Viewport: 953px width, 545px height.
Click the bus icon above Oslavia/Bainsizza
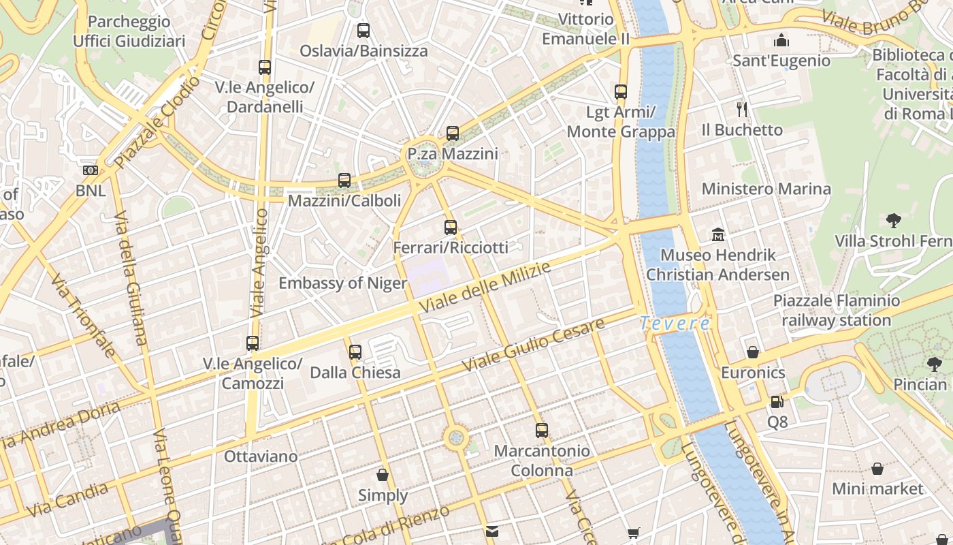[x=364, y=31]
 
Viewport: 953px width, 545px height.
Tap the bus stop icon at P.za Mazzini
[x=453, y=134]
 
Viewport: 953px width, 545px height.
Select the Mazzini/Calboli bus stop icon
[x=344, y=181]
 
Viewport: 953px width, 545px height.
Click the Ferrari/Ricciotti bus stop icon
[x=450, y=228]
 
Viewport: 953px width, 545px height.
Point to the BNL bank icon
[x=90, y=170]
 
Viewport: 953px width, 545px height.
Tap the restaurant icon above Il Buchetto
[x=742, y=109]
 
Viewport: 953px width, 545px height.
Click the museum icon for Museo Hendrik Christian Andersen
[x=717, y=235]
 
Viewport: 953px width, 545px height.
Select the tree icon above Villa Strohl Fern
[x=894, y=221]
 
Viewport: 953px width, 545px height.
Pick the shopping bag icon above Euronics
[x=753, y=352]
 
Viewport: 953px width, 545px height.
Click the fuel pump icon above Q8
[x=777, y=402]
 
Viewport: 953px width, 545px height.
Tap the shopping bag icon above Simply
[x=383, y=475]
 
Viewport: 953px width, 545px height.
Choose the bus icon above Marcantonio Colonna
[x=542, y=431]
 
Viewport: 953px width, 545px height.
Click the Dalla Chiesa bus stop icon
[x=355, y=352]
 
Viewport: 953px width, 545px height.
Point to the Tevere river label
[x=675, y=324]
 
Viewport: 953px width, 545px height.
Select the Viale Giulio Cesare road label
[x=533, y=345]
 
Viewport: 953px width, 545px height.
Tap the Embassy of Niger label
[x=342, y=283]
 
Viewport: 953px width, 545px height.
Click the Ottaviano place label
[x=261, y=456]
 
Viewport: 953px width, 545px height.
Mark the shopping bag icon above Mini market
[x=877, y=469]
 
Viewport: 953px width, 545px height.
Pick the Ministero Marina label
[x=766, y=189]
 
